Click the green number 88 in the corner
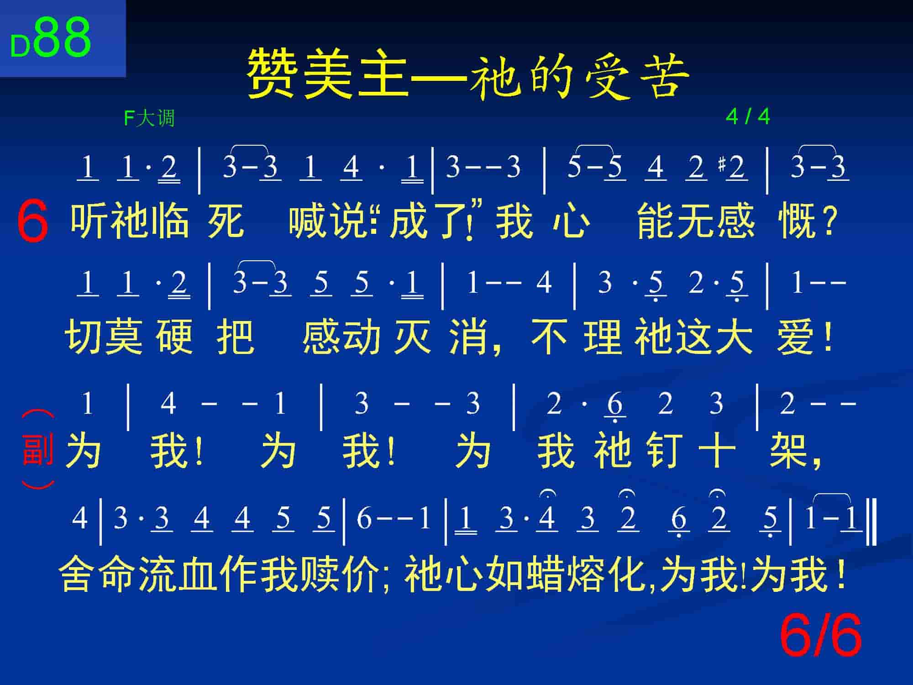coord(63,37)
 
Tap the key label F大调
coord(149,118)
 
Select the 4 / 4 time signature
coord(748,117)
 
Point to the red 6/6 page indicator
coord(821,635)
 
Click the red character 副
coord(38,450)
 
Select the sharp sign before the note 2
coord(721,164)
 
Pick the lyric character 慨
coord(796,221)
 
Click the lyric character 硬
coord(173,337)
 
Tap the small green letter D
coord(20,47)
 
